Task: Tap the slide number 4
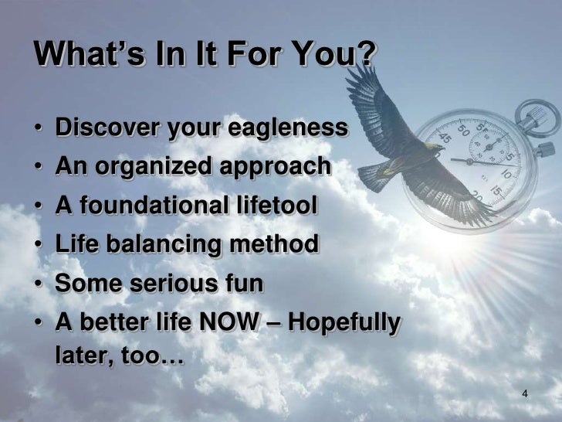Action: [525, 395]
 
